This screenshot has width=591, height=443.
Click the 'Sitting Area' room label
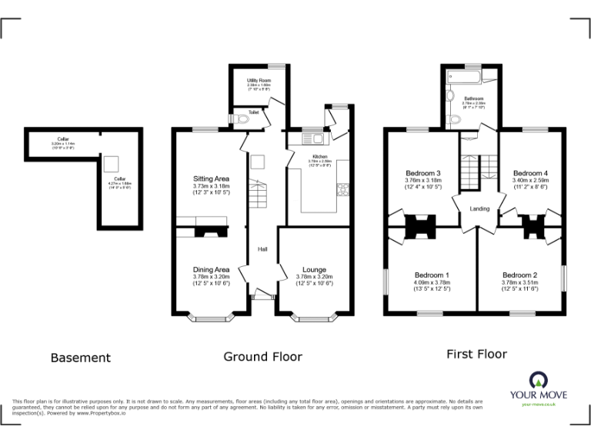coord(211,178)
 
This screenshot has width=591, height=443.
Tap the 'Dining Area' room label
coord(211,269)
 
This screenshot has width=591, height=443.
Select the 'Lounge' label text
coord(313,269)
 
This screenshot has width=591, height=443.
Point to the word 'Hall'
coord(262,248)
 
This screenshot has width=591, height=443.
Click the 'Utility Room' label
coord(258,80)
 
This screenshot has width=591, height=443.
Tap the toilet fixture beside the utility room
coord(242,119)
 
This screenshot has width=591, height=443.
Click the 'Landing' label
coord(479,208)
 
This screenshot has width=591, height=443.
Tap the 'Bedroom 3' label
coord(423,173)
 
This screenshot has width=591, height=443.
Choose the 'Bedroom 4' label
coord(531,173)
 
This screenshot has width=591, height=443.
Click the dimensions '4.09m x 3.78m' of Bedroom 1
coord(432,282)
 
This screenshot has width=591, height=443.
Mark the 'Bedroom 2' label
coord(519,275)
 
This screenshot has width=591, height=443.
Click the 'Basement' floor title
coord(80,358)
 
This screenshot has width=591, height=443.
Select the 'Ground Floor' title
coord(262,356)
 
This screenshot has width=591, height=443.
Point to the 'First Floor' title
coord(476,354)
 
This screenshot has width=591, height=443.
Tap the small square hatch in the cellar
coord(111,162)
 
